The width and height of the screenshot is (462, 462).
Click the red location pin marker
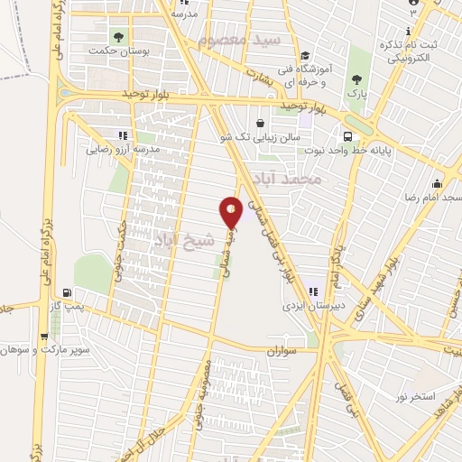[232, 211]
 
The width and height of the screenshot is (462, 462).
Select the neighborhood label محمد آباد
[289, 177]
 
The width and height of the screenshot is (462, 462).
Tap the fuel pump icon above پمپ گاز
[67, 293]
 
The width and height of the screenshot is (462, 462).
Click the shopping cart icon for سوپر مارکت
[44, 335]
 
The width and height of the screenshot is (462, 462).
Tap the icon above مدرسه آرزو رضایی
[123, 135]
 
